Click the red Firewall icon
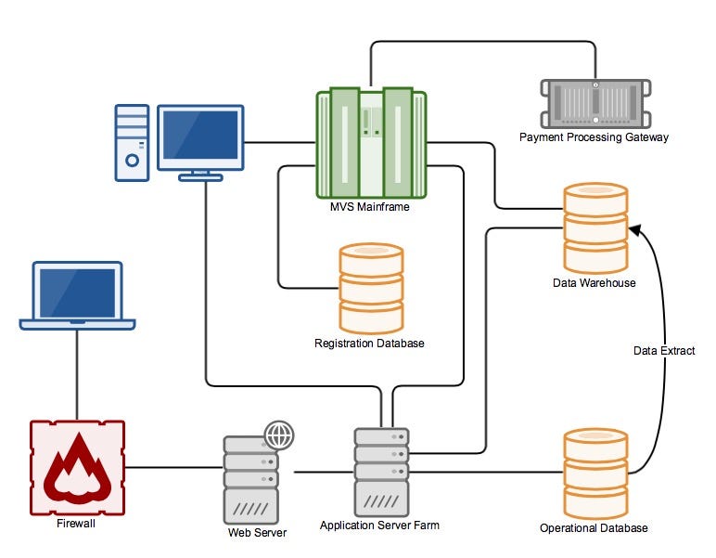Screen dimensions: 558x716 [x=77, y=468]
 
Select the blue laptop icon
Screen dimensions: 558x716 [x=78, y=295]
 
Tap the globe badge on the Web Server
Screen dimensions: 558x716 [x=278, y=435]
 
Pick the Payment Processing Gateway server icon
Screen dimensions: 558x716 [x=594, y=103]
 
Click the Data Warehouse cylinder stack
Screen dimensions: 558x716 [x=595, y=227]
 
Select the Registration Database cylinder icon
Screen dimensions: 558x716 [x=371, y=288]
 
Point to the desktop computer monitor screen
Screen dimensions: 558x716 [x=200, y=136]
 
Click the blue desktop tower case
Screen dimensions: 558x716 [x=132, y=141]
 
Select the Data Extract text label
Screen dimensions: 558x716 [x=664, y=351]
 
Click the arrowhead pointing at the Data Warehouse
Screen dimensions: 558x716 [x=634, y=228]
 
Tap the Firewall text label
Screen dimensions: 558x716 [x=76, y=523]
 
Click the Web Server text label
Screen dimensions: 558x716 [x=257, y=533]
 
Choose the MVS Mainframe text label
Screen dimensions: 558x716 [x=371, y=206]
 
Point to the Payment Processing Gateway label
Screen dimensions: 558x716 [x=594, y=137]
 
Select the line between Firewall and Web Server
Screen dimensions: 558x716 [x=173, y=469]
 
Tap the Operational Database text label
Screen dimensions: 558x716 [x=594, y=528]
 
